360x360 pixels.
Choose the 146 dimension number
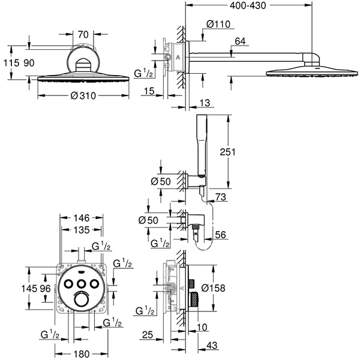pyautogui.click(x=82, y=219)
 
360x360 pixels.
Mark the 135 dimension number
pyautogui.click(x=82, y=230)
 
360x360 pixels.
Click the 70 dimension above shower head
pyautogui.click(x=83, y=35)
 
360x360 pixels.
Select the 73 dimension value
pyautogui.click(x=221, y=197)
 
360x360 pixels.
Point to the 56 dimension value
pyautogui.click(x=221, y=236)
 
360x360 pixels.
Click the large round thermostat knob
pyautogui.click(x=82, y=300)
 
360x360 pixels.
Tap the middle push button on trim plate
pyautogui.click(x=82, y=283)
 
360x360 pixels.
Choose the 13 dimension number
pyautogui.click(x=205, y=103)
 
